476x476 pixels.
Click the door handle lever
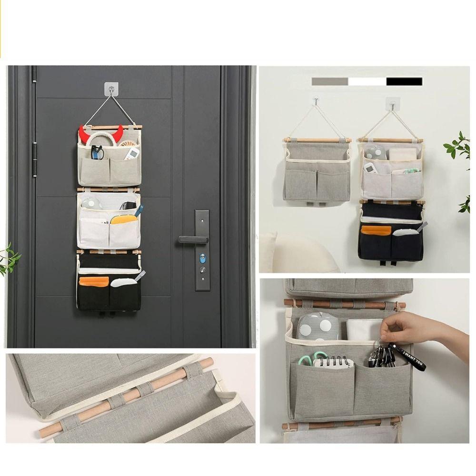tap(190, 239)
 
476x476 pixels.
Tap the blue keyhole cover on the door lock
tap(203, 259)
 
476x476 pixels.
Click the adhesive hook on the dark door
tap(111, 88)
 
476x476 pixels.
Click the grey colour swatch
tap(330, 81)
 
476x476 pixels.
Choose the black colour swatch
tap(404, 81)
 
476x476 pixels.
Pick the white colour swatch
tap(367, 81)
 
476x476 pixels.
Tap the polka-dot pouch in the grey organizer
tap(318, 327)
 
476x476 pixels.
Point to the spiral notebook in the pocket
tap(334, 362)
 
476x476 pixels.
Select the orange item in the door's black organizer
tap(94, 281)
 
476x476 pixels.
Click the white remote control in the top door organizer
tap(132, 153)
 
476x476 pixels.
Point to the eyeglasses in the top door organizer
tap(97, 152)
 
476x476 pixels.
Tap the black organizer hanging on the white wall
tap(391, 233)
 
